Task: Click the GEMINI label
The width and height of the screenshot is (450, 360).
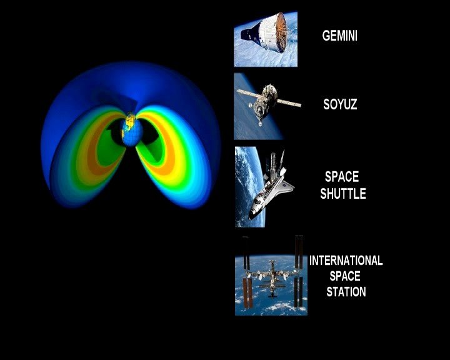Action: coord(339,36)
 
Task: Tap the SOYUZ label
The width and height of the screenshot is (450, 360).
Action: coord(340,104)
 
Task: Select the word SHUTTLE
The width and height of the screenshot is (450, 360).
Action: coord(343,194)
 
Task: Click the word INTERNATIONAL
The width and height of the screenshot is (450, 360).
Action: coord(346,261)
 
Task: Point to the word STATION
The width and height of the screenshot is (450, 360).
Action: coord(346,292)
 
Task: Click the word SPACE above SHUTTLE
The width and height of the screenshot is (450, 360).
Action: coord(342,177)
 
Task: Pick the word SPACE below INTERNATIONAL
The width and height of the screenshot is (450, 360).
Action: coord(344,276)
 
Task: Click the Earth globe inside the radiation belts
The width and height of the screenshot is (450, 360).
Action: coord(132,129)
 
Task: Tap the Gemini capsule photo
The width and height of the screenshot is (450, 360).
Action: coord(266,39)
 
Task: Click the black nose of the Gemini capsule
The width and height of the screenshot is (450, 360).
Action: coord(245,34)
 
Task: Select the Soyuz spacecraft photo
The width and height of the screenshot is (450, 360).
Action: coord(267,106)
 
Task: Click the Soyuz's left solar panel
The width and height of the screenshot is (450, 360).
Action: coord(249,93)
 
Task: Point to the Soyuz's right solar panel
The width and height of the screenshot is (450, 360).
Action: coord(289,102)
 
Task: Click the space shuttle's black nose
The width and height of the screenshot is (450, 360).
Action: coord(252,215)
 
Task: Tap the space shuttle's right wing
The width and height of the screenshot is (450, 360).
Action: coord(287,186)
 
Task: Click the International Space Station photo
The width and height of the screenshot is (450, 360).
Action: coord(271,276)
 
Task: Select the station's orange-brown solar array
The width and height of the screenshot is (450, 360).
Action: coord(247,292)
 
